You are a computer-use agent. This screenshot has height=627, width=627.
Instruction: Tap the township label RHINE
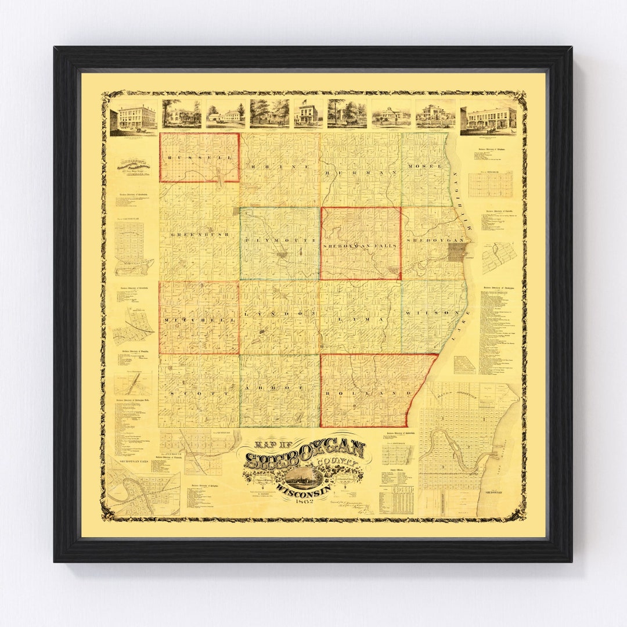click(280, 166)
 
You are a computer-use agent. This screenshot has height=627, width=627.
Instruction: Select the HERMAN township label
click(361, 172)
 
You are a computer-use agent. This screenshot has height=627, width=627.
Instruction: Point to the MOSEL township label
click(428, 166)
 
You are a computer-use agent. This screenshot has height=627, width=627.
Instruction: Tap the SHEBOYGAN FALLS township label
click(360, 246)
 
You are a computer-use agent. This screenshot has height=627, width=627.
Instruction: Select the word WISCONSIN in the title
click(302, 489)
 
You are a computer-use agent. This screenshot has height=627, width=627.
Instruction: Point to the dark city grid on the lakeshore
click(457, 251)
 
